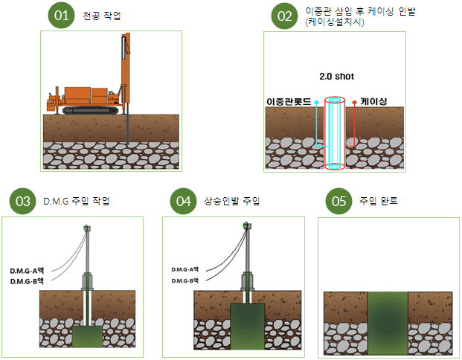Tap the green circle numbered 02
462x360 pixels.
click(x=285, y=16)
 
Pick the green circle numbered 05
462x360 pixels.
click(x=340, y=201)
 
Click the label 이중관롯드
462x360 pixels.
click(x=288, y=100)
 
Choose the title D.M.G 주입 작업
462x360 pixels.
click(x=77, y=202)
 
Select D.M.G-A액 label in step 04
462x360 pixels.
click(x=185, y=269)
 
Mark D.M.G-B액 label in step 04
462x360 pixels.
click(x=185, y=280)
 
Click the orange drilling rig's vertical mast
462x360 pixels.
click(x=124, y=74)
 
